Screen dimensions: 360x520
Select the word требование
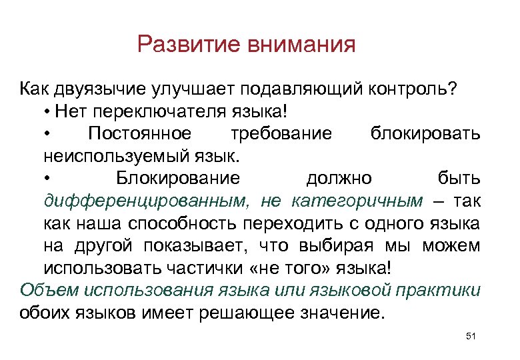click(281, 133)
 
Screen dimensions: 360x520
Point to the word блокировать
click(425, 133)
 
